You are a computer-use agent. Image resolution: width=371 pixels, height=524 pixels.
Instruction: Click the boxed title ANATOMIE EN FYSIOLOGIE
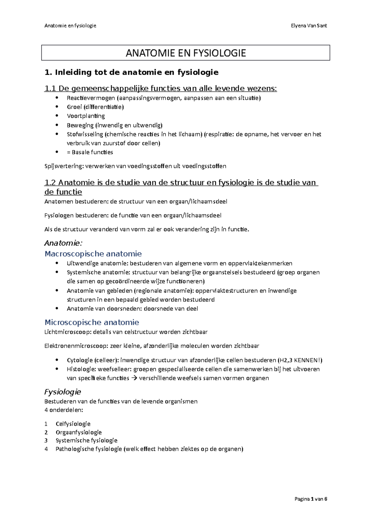185,53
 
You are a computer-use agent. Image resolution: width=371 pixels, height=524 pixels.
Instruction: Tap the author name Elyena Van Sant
309,26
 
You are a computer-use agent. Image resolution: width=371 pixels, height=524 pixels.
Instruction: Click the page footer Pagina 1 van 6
311,499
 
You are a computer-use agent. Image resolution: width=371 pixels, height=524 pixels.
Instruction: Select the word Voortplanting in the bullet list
86,116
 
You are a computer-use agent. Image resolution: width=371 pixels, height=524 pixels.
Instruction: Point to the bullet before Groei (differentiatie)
57,107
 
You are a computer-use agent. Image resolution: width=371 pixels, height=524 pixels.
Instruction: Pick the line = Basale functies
90,152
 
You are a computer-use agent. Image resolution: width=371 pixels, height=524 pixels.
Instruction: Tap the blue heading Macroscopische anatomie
93,254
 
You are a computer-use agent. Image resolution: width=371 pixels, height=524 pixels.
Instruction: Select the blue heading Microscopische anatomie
92,322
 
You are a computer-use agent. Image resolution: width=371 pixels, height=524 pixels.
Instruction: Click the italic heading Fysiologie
62,392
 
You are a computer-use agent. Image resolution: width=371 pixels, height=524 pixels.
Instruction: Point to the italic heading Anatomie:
63,243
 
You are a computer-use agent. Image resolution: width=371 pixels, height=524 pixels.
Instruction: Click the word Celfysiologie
73,424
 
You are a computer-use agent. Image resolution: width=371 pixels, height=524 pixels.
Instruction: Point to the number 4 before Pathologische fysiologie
46,449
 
